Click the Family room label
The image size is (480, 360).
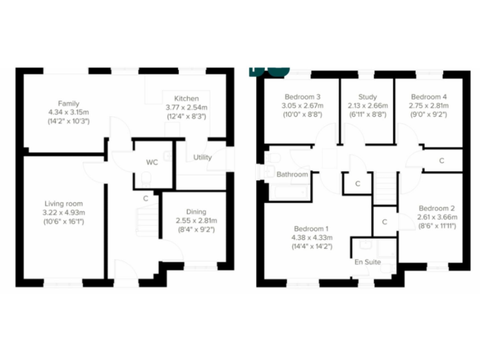(69, 103)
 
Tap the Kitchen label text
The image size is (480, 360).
(186, 99)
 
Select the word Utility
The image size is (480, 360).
(202, 157)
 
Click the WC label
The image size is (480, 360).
(152, 162)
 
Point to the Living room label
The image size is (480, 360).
(63, 204)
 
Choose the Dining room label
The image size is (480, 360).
(196, 212)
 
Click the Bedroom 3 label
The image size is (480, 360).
(302, 97)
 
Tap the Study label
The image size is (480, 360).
(367, 97)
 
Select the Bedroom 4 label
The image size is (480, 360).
(429, 97)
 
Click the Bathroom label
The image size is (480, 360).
(292, 174)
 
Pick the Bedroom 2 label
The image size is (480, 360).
(437, 208)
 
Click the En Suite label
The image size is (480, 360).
(367, 262)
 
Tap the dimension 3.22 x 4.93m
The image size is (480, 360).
(63, 212)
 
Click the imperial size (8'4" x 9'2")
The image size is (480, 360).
(196, 229)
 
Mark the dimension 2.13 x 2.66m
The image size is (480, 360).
(367, 106)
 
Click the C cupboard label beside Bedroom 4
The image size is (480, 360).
(441, 161)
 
